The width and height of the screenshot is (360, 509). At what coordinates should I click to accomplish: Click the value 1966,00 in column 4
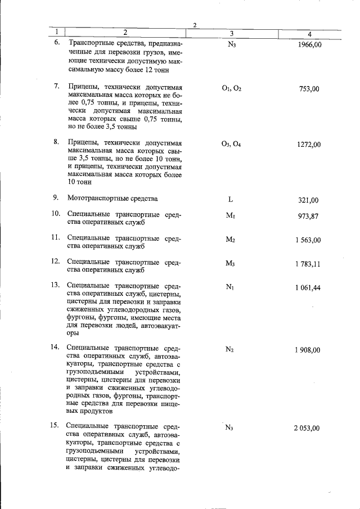pyautogui.click(x=309, y=45)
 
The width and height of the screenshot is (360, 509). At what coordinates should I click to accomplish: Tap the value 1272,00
pyautogui.click(x=309, y=145)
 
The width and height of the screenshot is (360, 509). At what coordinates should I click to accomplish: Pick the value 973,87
pyautogui.click(x=309, y=217)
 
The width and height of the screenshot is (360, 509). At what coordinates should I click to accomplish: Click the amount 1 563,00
pyautogui.click(x=307, y=240)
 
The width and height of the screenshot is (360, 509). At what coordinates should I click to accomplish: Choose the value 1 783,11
pyautogui.click(x=307, y=264)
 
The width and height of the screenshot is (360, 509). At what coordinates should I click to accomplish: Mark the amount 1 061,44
pyautogui.click(x=307, y=288)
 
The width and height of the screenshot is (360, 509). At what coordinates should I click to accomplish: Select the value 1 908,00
pyautogui.click(x=307, y=350)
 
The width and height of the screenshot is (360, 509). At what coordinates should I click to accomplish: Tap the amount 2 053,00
pyautogui.click(x=307, y=428)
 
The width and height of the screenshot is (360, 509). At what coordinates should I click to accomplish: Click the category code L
pyautogui.click(x=231, y=200)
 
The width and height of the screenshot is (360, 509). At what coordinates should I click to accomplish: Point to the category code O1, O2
pyautogui.click(x=231, y=88)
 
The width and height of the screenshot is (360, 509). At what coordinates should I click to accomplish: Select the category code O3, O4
pyautogui.click(x=231, y=144)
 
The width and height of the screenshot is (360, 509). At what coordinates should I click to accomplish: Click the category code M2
pyautogui.click(x=230, y=240)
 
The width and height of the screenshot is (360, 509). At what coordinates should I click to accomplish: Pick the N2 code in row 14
pyautogui.click(x=229, y=349)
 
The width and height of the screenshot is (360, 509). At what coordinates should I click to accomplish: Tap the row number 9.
pyautogui.click(x=56, y=197)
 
